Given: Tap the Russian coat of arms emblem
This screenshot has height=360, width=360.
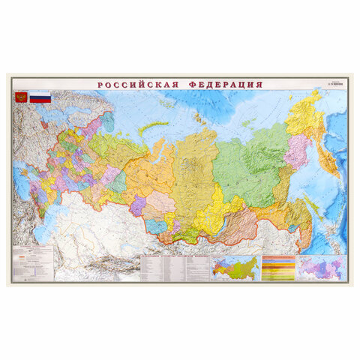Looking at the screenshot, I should (x=21, y=97).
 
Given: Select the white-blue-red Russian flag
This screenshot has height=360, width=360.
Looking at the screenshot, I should (x=40, y=97).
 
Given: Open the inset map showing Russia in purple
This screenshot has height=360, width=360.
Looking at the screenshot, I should (x=321, y=268).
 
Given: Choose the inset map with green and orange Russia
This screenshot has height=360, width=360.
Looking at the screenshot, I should (x=235, y=268).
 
